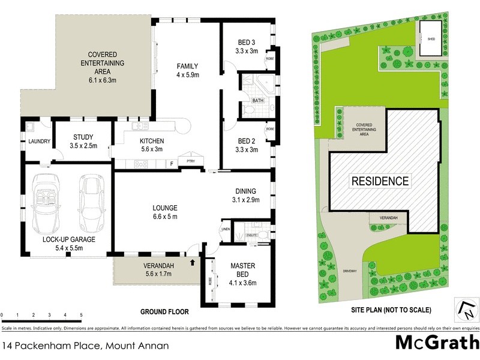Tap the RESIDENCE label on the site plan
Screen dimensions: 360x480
coord(380,181)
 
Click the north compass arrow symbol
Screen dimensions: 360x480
coord(467,308)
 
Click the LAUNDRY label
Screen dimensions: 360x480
coord(38,142)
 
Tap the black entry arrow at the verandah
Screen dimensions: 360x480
coord(193,262)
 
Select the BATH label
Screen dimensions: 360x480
coord(258,100)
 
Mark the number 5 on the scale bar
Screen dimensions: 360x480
coord(81,315)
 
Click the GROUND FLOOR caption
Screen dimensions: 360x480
coord(164,312)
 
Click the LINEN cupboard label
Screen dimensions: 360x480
coord(226,229)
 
